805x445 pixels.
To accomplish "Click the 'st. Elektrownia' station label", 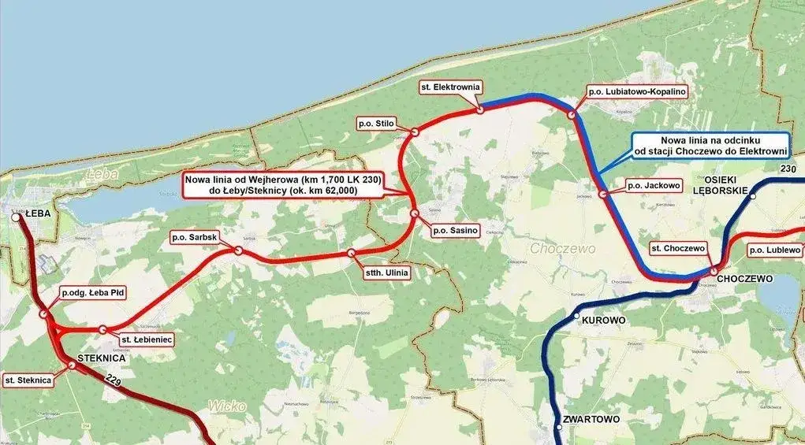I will [x=452, y=87].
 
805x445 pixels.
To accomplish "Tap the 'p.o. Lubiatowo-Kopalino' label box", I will [x=638, y=91].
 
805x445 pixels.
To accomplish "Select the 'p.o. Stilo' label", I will [x=376, y=124].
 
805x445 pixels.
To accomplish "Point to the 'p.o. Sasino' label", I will [x=455, y=232].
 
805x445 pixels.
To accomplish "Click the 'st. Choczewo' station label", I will [x=677, y=248].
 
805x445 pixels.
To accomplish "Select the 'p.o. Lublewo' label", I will [x=775, y=250].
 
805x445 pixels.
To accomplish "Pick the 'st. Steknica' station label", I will [x=28, y=380].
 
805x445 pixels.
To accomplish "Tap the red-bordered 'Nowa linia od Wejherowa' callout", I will [x=283, y=185].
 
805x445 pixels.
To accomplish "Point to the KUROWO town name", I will [x=603, y=321].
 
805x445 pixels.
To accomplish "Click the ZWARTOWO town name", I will [x=593, y=420].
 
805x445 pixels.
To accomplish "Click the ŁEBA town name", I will [x=38, y=213].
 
